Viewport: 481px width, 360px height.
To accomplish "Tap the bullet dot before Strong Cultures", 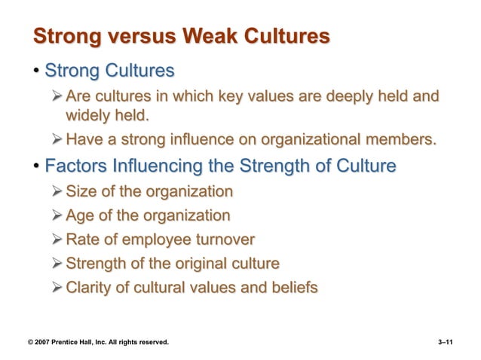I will pyautogui.click(x=35, y=72).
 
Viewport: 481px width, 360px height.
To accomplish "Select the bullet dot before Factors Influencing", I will pyautogui.click(x=35, y=166).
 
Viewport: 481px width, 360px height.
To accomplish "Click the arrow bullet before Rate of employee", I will pyautogui.click(x=58, y=240).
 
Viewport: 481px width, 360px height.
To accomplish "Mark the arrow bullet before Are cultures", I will pyautogui.click(x=58, y=98).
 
